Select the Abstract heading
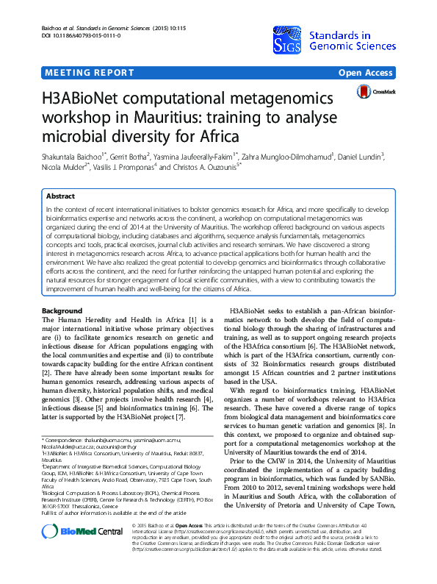pos(60,197)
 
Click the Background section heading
pos(62,312)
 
